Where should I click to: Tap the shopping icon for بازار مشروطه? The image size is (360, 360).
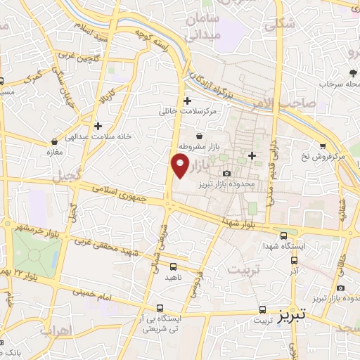(200, 136)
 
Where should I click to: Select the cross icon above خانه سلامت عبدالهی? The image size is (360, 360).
(98, 126)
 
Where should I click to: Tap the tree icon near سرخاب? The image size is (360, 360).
(350, 73)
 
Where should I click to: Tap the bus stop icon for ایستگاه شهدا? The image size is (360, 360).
(283, 237)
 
